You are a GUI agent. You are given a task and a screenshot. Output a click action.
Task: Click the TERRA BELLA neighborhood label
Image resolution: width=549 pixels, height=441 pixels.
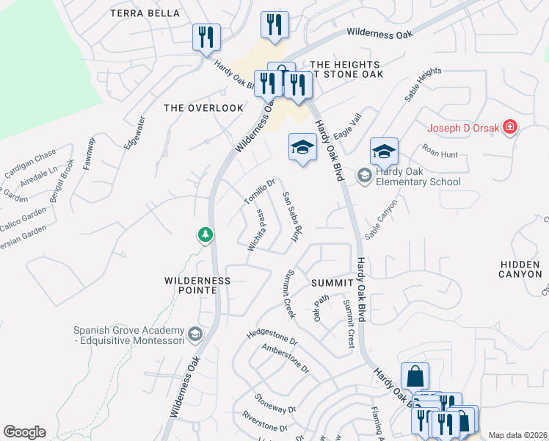point(145,13)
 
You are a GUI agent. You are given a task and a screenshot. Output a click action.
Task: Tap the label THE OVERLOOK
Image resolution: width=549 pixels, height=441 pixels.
point(203,108)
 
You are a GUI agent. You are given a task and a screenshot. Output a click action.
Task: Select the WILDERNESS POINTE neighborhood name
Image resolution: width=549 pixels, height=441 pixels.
point(197,285)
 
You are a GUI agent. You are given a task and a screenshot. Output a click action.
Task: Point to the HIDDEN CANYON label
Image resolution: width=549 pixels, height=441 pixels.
point(520,268)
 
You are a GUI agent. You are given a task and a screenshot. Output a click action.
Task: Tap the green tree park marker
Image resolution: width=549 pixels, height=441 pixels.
point(206,235)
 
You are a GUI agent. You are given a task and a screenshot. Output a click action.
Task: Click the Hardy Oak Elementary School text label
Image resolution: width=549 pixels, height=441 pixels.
point(418,176)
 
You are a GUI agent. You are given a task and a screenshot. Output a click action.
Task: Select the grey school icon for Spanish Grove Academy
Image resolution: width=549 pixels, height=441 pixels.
point(194,334)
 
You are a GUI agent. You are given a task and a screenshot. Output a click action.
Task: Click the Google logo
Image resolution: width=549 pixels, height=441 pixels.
point(24,431)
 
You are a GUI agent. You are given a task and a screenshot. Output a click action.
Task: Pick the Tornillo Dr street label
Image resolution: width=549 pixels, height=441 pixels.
point(259,193)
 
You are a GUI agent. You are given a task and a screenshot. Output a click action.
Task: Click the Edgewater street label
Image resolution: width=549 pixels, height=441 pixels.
point(132,132)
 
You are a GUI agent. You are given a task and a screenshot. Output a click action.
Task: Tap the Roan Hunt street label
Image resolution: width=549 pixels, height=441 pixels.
point(440,151)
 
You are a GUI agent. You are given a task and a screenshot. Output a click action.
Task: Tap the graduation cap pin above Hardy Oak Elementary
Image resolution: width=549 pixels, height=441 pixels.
point(384,151)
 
